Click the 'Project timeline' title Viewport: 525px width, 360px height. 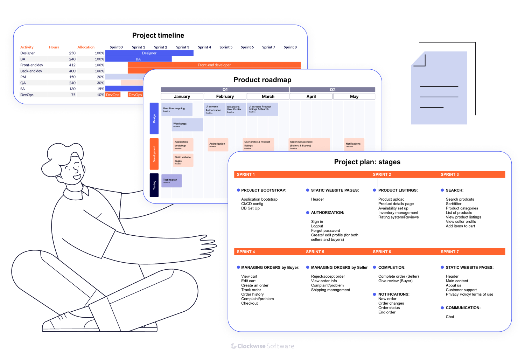158,35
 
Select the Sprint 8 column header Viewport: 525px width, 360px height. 290,47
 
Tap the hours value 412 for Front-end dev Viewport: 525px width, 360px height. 72,65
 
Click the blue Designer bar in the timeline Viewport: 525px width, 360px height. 149,53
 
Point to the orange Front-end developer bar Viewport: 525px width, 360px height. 214,65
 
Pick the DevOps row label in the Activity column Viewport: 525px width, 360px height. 27,95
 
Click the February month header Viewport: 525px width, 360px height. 225,96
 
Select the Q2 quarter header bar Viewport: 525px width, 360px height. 332,90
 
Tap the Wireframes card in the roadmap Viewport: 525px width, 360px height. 187,125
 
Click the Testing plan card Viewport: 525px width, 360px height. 171,181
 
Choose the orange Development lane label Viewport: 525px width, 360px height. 154,154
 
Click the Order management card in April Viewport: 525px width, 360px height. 309,144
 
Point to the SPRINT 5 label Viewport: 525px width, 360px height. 315,252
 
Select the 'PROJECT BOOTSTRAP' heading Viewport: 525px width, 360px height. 263,191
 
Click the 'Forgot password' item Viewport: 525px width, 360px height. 325,231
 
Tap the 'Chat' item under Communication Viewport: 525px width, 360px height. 450,317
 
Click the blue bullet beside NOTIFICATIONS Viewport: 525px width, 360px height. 374,295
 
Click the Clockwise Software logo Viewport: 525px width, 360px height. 262,346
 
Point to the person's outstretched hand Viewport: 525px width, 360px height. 208,245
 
